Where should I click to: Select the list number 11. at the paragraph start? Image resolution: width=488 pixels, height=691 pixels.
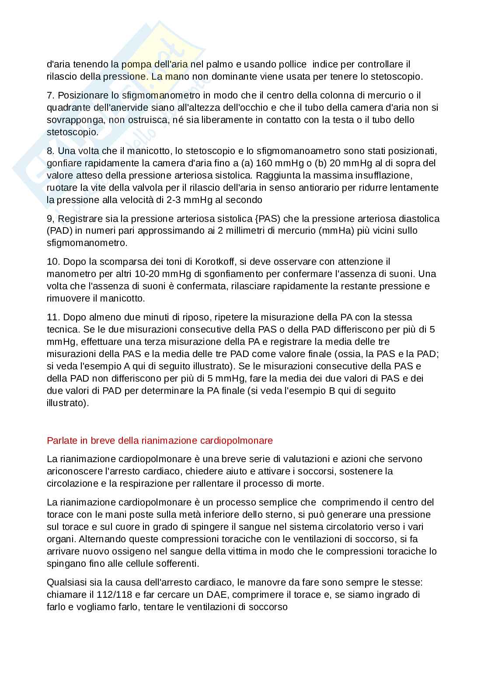(x=53, y=317)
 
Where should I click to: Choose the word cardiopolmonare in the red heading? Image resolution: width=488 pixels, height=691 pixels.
(x=237, y=440)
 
